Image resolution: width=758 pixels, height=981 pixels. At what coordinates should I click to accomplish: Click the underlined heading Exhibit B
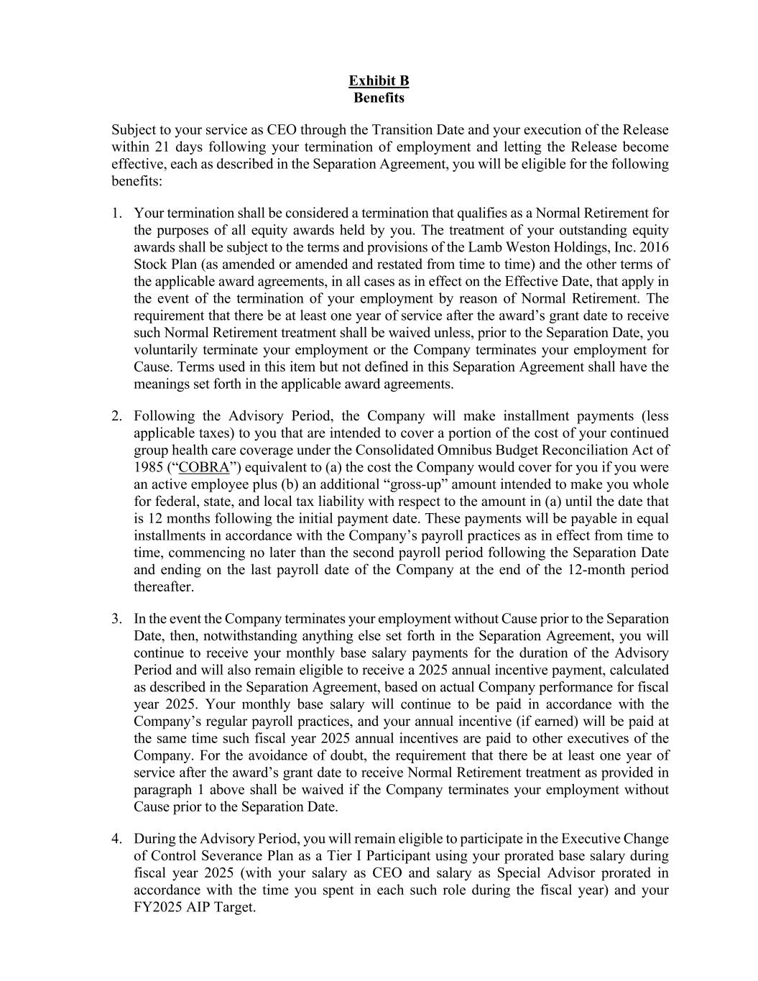pyautogui.click(x=379, y=80)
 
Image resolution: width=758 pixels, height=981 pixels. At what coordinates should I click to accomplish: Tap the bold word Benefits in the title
pyautogui.click(x=379, y=98)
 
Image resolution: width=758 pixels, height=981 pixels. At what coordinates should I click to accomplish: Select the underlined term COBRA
pyautogui.click(x=203, y=468)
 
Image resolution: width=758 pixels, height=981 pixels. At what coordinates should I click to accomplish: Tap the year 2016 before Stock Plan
pyautogui.click(x=654, y=248)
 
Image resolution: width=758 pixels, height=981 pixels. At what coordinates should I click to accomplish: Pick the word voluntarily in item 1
pyautogui.click(x=167, y=351)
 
